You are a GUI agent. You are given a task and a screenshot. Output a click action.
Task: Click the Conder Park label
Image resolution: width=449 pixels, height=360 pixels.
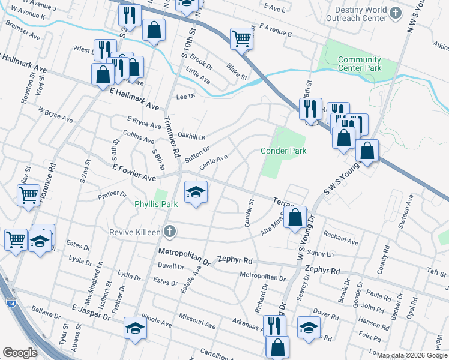click(283, 151)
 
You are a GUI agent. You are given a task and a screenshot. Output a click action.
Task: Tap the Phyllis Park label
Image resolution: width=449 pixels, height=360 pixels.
click(155, 205)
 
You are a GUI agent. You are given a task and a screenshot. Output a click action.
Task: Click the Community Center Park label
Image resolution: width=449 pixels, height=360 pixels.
click(360, 64)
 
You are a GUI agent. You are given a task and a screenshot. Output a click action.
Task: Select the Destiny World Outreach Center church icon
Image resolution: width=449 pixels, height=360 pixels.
click(395, 13)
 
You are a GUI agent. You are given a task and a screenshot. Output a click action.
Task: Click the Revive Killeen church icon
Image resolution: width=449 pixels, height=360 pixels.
click(170, 231)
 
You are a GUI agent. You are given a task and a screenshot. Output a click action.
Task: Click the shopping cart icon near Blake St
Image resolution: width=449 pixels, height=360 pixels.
click(241, 38)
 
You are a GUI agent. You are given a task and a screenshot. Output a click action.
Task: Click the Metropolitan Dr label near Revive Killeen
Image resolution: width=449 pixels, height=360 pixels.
click(184, 256)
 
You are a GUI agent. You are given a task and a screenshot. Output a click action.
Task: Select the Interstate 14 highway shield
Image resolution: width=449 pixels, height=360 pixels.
click(12, 304)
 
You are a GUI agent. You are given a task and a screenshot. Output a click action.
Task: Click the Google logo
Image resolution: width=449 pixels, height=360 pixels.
click(20, 353)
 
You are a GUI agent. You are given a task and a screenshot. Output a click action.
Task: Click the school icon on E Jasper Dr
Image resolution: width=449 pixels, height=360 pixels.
click(135, 328)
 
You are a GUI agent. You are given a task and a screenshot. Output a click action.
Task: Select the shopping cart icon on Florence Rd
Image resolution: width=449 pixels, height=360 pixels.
click(29, 195)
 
